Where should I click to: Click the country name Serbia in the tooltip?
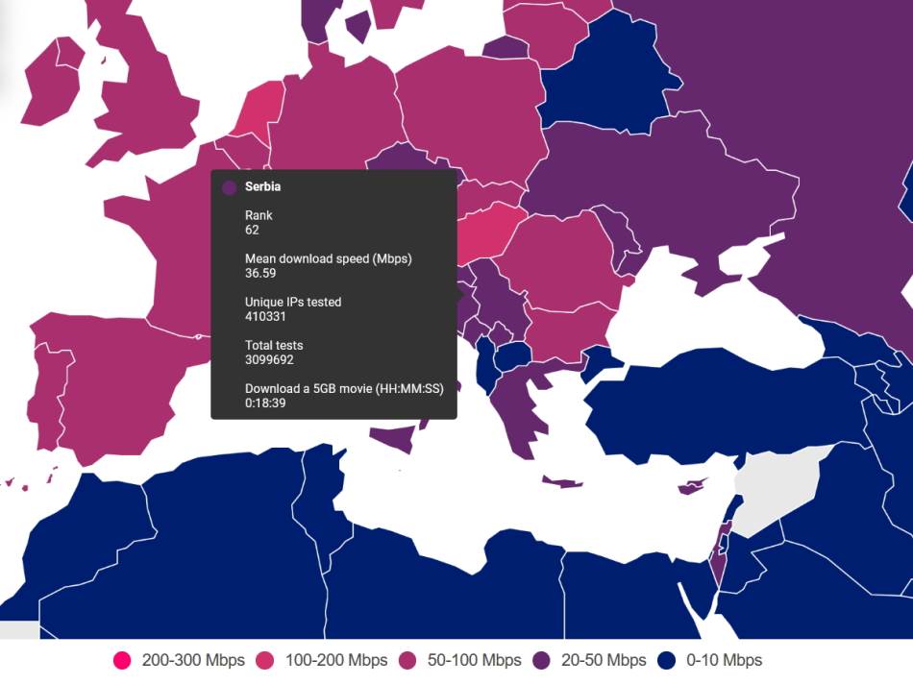click(x=262, y=187)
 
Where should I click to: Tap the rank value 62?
click(x=252, y=231)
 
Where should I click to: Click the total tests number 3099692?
click(x=269, y=359)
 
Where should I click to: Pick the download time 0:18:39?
click(x=265, y=403)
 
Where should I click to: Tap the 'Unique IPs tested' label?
click(x=293, y=302)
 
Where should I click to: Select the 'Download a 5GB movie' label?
click(x=350, y=388)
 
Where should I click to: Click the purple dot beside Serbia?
click(x=229, y=188)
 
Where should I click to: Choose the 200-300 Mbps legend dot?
click(x=122, y=660)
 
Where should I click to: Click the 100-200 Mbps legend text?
click(x=336, y=660)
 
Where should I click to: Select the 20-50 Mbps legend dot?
click(x=543, y=660)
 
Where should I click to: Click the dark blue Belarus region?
click(x=601, y=82)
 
